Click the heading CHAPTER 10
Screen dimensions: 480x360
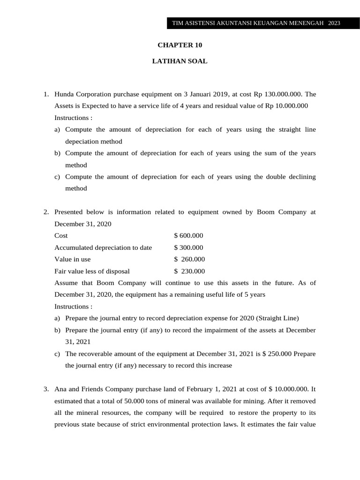(180, 45)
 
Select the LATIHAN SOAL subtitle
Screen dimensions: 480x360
(180, 61)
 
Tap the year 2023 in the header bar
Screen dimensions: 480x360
(334, 23)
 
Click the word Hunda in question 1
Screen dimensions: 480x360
(65, 94)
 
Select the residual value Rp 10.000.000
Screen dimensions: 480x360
(286, 105)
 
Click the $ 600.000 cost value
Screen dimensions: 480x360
(188, 235)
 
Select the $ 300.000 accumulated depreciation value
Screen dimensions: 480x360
(188, 247)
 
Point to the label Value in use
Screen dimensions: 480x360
(73, 259)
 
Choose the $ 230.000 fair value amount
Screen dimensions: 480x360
(189, 271)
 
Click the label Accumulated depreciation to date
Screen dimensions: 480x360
(103, 247)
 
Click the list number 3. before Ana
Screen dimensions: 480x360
(46, 389)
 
